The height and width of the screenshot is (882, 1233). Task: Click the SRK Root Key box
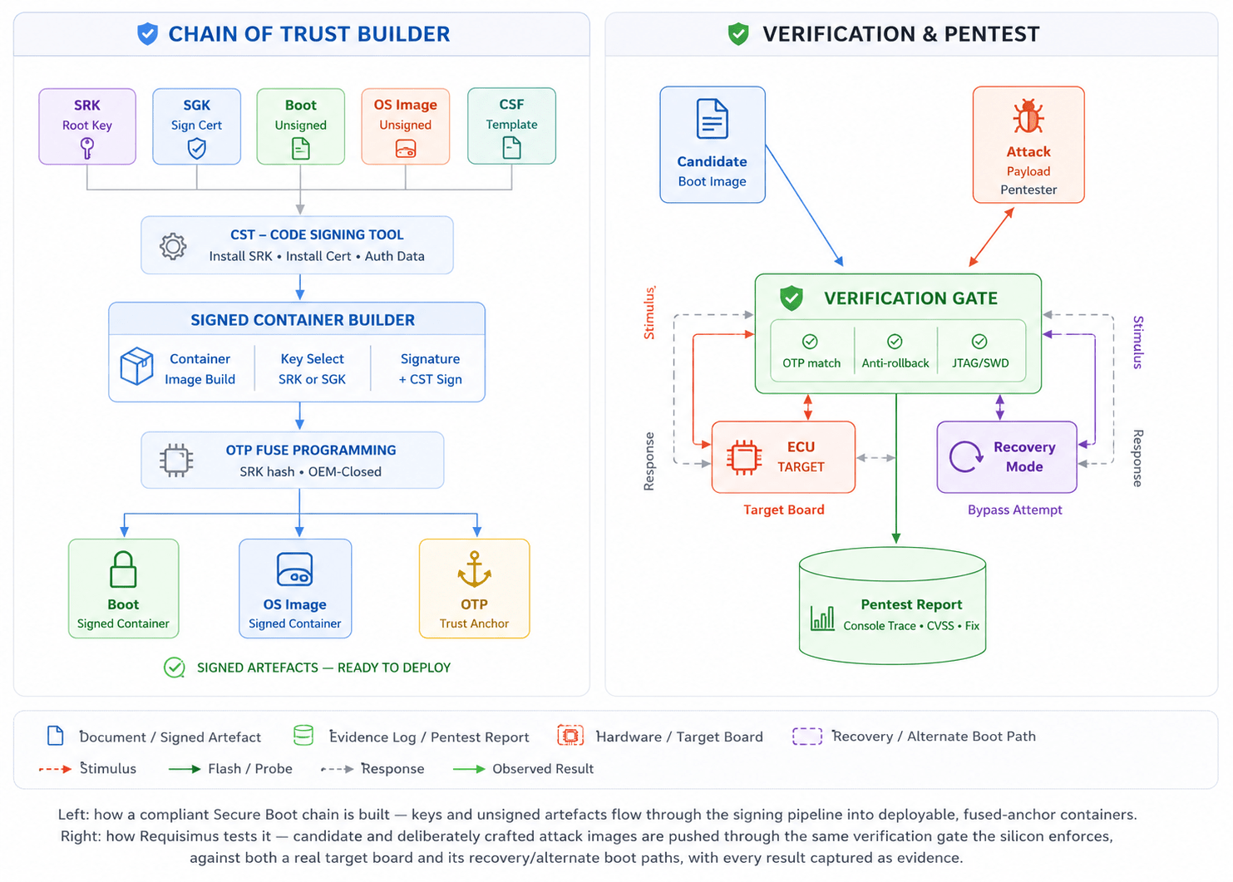click(87, 126)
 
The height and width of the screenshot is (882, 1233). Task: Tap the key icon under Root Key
click(87, 148)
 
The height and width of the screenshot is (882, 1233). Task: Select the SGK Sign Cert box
click(196, 126)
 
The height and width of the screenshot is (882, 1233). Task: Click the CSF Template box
click(511, 126)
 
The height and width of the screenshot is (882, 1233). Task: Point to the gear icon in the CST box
click(173, 246)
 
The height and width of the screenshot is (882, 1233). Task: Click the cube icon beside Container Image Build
click(136, 366)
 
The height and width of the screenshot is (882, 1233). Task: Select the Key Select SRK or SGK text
click(312, 368)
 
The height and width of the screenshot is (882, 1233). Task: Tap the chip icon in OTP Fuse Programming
click(176, 460)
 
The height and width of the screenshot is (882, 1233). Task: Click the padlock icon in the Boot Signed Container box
click(123, 569)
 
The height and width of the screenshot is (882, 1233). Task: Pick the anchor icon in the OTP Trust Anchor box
click(474, 569)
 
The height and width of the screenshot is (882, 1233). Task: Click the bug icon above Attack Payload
click(1028, 116)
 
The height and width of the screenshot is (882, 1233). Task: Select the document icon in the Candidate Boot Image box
click(713, 119)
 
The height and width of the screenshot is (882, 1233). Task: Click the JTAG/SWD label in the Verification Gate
click(980, 363)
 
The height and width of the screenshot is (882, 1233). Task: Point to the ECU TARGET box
click(783, 456)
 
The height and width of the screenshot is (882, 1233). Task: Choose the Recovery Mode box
click(1007, 456)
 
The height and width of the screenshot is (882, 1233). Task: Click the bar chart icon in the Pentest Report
click(822, 618)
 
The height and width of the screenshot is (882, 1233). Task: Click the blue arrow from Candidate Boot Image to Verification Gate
click(804, 205)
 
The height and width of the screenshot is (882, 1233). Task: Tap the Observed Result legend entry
click(524, 769)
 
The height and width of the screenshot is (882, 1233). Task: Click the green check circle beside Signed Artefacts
click(175, 668)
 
